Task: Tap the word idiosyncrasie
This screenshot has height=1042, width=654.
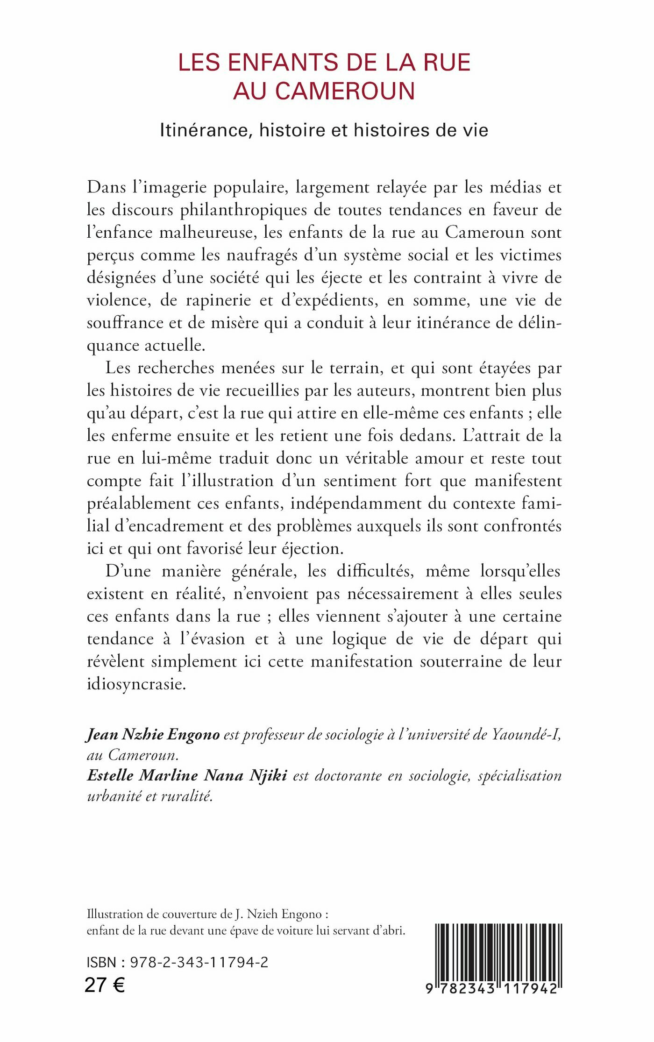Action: tap(136, 684)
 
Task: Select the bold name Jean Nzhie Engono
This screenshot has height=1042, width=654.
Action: tap(153, 735)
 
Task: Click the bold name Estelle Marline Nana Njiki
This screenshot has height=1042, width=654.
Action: tap(187, 776)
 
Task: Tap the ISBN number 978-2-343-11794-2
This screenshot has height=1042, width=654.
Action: tap(199, 962)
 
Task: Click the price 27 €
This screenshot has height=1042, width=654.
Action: tap(105, 985)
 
